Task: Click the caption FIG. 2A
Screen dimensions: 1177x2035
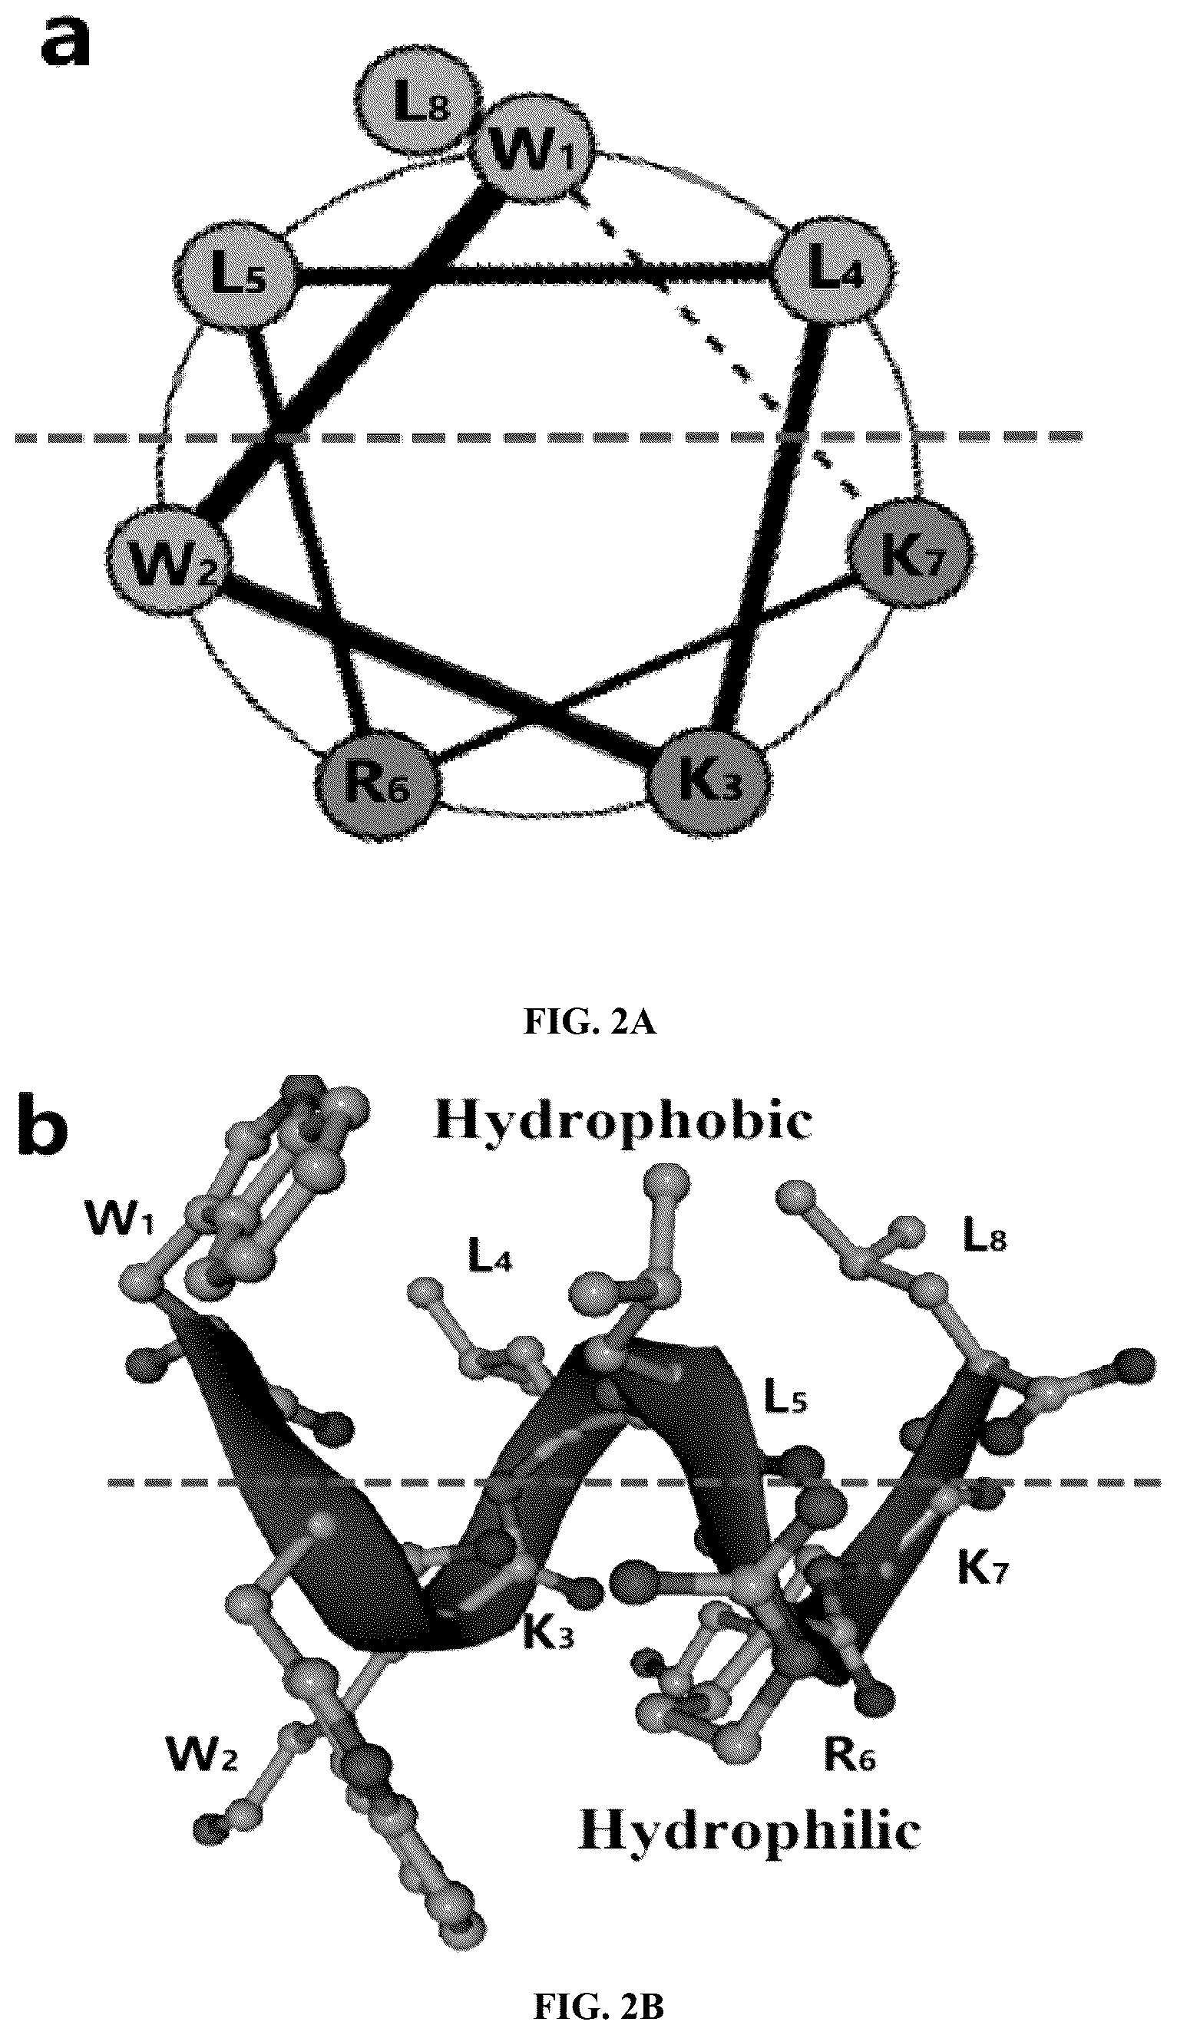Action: (x=590, y=1022)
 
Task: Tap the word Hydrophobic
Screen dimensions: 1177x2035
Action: (x=622, y=1123)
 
